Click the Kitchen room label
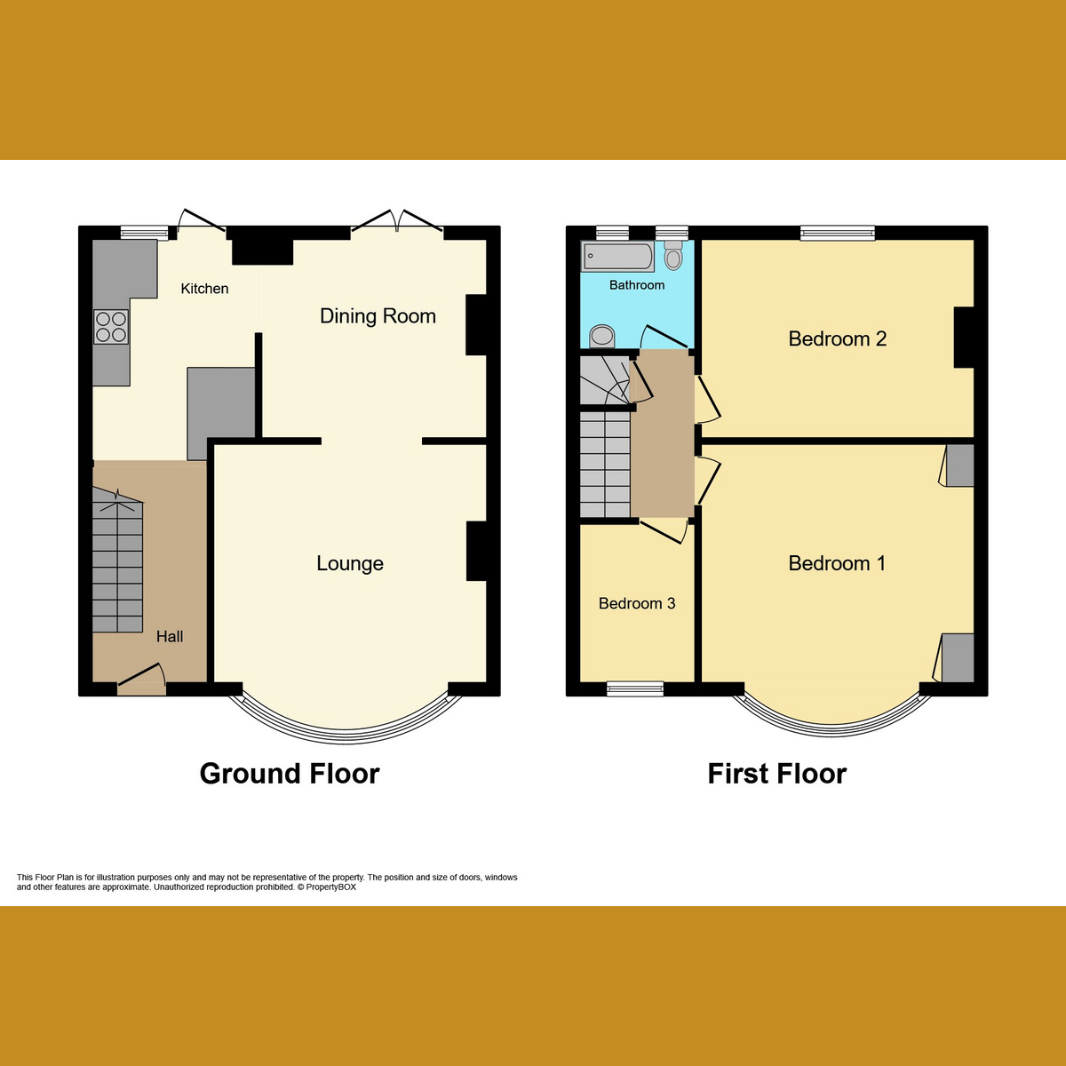click(204, 289)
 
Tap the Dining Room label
click(378, 316)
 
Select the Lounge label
click(350, 563)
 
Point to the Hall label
click(170, 636)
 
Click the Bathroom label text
click(637, 285)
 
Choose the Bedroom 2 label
click(837, 338)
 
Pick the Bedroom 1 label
click(837, 563)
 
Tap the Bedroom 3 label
click(637, 604)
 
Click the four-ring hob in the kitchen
click(111, 326)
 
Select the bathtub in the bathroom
click(618, 258)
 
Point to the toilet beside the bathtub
click(673, 256)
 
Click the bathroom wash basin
click(602, 336)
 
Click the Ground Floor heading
click(290, 774)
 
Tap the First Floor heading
click(777, 774)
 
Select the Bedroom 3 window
click(635, 688)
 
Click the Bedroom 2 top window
click(838, 234)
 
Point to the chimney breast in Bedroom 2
click(964, 338)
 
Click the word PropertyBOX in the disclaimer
click(331, 887)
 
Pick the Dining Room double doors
click(397, 222)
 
